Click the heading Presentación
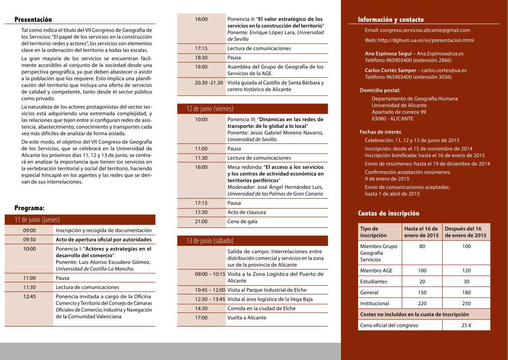33,20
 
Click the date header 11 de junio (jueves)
37,220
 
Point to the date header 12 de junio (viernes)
210,109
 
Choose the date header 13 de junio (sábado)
210,241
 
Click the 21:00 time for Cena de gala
201,221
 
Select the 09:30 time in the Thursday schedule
29,240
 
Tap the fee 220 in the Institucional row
422,303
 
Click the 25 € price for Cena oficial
466,325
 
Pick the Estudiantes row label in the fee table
374,281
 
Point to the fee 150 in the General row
422,293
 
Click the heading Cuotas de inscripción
389,214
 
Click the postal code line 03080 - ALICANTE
392,119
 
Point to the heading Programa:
29,208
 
